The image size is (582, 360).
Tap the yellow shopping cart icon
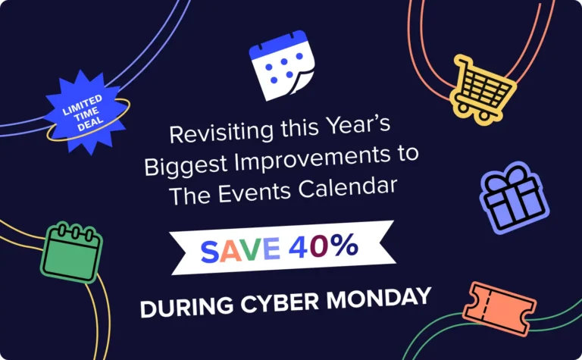click(483, 88)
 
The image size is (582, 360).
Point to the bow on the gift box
click(503, 180)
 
